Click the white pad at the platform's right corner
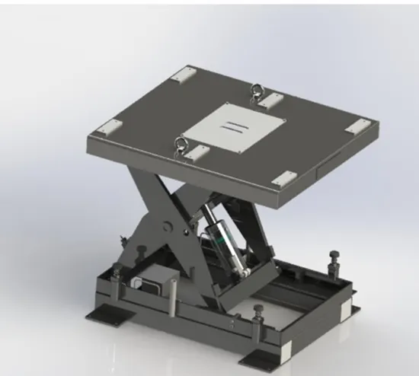point(355,127)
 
